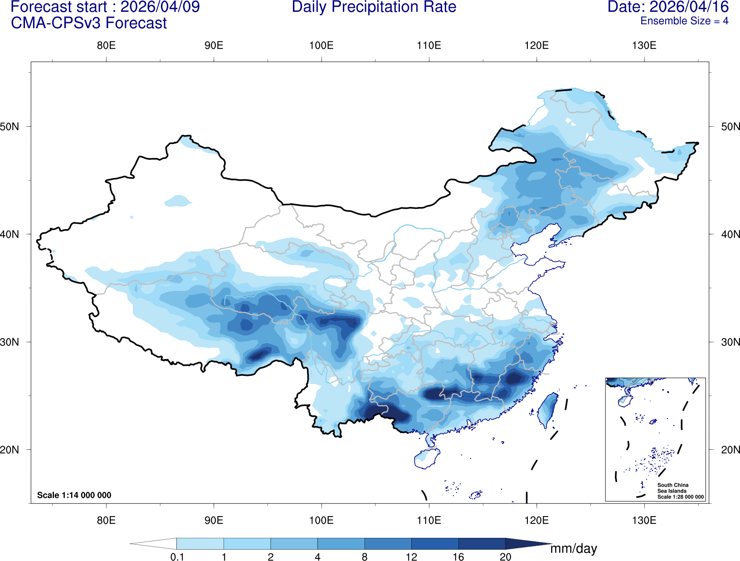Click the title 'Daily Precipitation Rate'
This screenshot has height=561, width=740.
pos(374,7)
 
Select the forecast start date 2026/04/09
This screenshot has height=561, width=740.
pos(160,7)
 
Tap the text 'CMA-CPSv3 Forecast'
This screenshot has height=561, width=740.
pos(89,23)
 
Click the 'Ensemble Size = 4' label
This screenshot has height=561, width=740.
pos(684,21)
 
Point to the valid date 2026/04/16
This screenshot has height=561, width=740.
pos(689,7)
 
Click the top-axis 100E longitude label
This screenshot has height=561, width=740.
pos(321,45)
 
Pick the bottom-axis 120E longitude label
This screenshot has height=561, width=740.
pos(536,520)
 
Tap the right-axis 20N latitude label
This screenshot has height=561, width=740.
pos(730,450)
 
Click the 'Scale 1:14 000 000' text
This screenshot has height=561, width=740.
pos(74,495)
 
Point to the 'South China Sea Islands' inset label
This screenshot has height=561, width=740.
pos(673,488)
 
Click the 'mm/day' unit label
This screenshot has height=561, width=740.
pos(574,549)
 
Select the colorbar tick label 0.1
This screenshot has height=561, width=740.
pos(177,557)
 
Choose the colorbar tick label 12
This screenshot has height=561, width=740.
pos(411,557)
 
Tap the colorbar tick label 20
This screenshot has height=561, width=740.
pos(505,557)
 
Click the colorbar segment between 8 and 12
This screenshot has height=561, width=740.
pos(388,544)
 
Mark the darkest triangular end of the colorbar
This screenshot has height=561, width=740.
pos(526,544)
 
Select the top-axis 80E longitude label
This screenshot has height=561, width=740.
pos(106,45)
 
